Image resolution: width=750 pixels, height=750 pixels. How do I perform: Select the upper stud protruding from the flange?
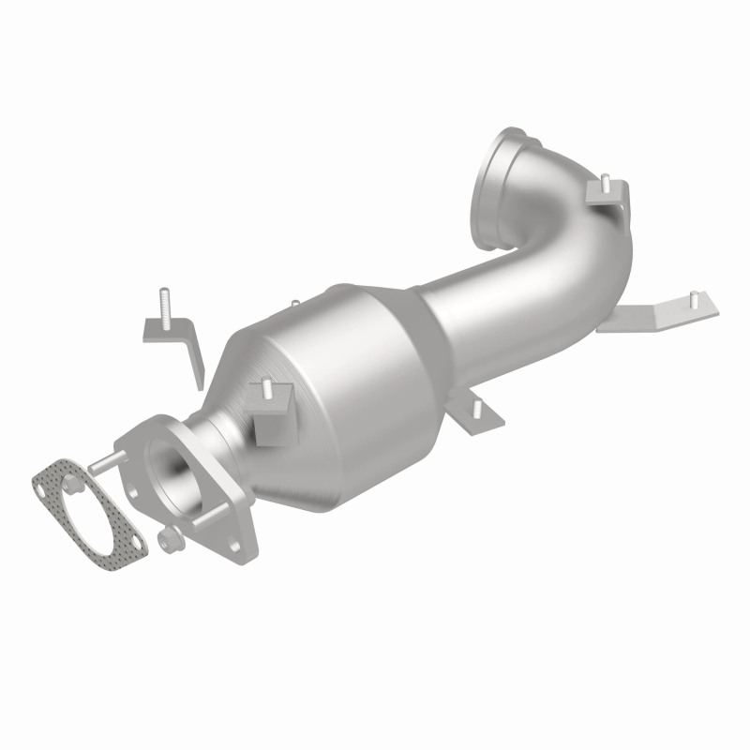(104, 458)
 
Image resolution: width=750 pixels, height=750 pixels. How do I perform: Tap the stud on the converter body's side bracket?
(266, 388)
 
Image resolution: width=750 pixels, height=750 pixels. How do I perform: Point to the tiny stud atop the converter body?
(294, 304)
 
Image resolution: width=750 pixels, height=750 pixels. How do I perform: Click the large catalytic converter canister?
(347, 394)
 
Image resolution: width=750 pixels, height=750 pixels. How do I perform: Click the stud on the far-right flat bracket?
(694, 299)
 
